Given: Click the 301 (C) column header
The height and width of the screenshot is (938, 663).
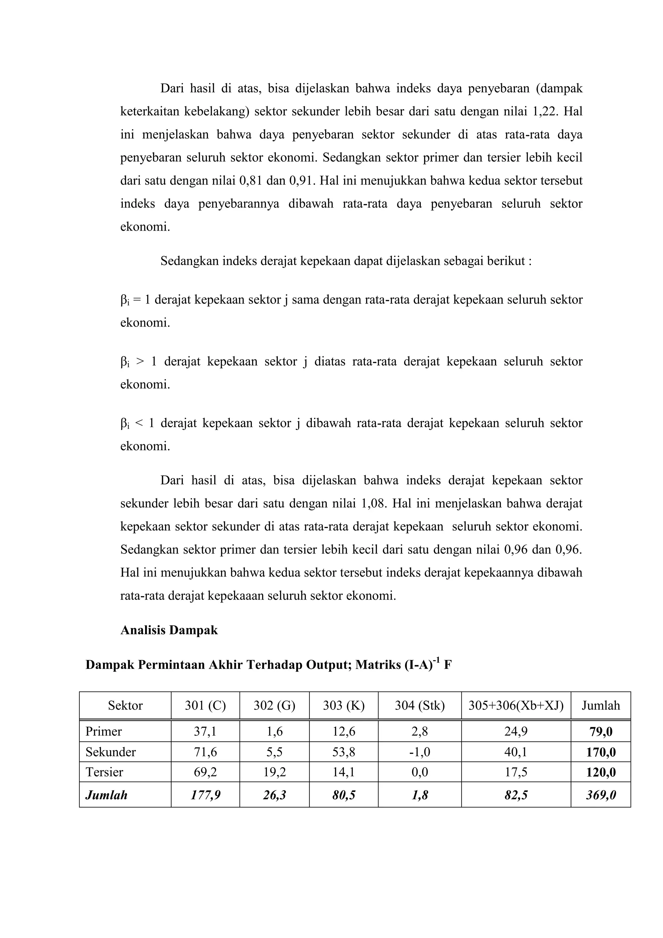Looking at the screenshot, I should (x=205, y=705).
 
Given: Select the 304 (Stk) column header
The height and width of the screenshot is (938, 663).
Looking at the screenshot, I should (x=419, y=705).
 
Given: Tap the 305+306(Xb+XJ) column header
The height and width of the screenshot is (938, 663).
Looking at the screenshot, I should (x=516, y=705).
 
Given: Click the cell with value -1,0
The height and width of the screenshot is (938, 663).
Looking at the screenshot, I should (x=419, y=752).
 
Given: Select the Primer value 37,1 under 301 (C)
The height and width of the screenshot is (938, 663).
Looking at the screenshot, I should (x=205, y=732).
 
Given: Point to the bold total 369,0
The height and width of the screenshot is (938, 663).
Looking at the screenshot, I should (x=601, y=795).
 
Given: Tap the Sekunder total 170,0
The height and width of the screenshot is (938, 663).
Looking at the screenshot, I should (x=601, y=752).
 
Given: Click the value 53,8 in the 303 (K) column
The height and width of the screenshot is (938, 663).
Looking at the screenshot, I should (x=343, y=752).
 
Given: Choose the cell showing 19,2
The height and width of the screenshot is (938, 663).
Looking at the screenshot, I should (x=274, y=772).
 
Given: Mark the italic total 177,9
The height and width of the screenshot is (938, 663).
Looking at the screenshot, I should (x=205, y=795).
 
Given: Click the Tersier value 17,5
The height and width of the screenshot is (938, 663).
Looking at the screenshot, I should (x=516, y=772).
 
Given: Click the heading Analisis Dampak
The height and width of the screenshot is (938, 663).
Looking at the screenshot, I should (x=169, y=630).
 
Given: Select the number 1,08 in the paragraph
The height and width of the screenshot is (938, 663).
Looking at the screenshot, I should (x=373, y=503).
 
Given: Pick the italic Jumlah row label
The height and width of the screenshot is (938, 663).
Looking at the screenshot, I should (x=106, y=795).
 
